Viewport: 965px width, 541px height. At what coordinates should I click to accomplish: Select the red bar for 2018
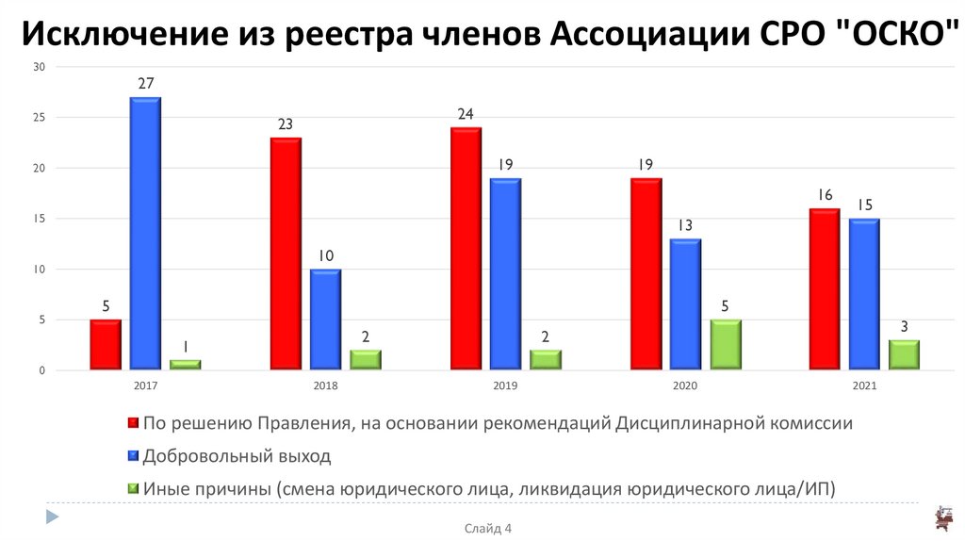286,254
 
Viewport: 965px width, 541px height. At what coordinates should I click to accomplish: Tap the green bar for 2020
725,345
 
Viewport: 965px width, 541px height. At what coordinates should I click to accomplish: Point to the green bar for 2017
186,365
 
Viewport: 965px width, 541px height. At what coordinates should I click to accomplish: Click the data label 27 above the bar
145,84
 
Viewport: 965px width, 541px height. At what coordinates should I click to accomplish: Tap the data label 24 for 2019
466,114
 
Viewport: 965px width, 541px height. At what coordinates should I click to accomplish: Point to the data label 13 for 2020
685,225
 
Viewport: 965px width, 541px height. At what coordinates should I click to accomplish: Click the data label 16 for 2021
825,195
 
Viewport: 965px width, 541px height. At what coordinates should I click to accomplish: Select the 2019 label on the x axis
505,386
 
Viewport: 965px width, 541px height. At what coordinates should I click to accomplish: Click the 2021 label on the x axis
864,386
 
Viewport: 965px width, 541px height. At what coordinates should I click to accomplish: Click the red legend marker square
132,424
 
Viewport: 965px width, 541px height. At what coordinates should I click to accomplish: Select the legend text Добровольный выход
237,456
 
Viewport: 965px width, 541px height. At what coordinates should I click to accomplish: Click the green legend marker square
132,488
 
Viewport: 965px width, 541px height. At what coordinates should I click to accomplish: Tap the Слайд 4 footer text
487,529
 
